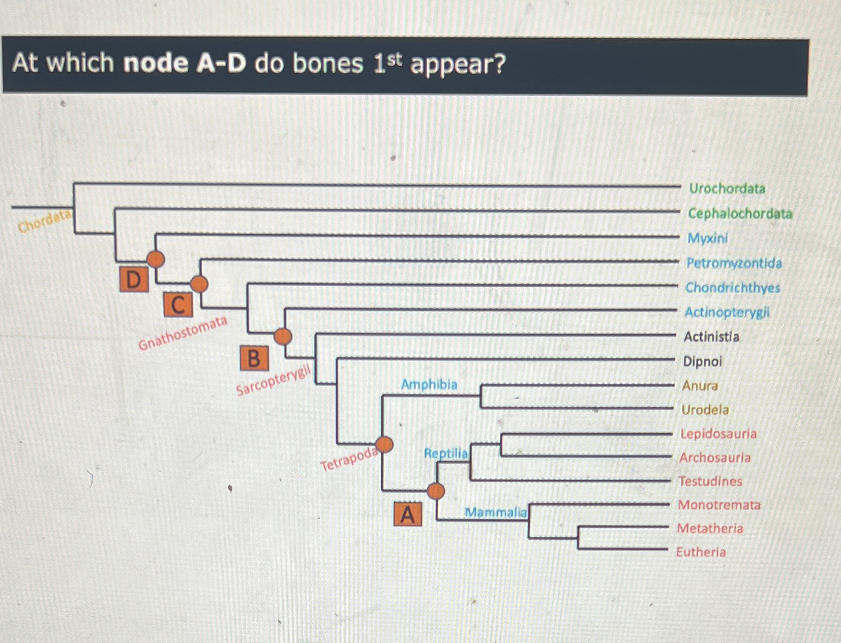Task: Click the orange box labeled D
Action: [134, 279]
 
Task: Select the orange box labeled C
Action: [178, 304]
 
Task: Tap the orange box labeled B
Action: [254, 358]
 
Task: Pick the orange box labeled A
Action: [408, 514]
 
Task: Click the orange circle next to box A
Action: [436, 491]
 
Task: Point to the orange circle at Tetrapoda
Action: [384, 444]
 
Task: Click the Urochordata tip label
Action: [727, 189]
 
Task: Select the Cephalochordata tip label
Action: [739, 213]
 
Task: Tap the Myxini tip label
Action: [707, 238]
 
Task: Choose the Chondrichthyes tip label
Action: [732, 288]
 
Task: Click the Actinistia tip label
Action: [711, 336]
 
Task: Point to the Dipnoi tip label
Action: [702, 361]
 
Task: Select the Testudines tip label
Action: [710, 481]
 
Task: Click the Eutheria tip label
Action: [701, 552]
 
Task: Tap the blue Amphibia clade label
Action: [429, 384]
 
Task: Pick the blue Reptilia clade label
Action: [445, 453]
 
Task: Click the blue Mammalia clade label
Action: [496, 512]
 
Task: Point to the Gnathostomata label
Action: [183, 333]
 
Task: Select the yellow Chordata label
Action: [44, 221]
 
